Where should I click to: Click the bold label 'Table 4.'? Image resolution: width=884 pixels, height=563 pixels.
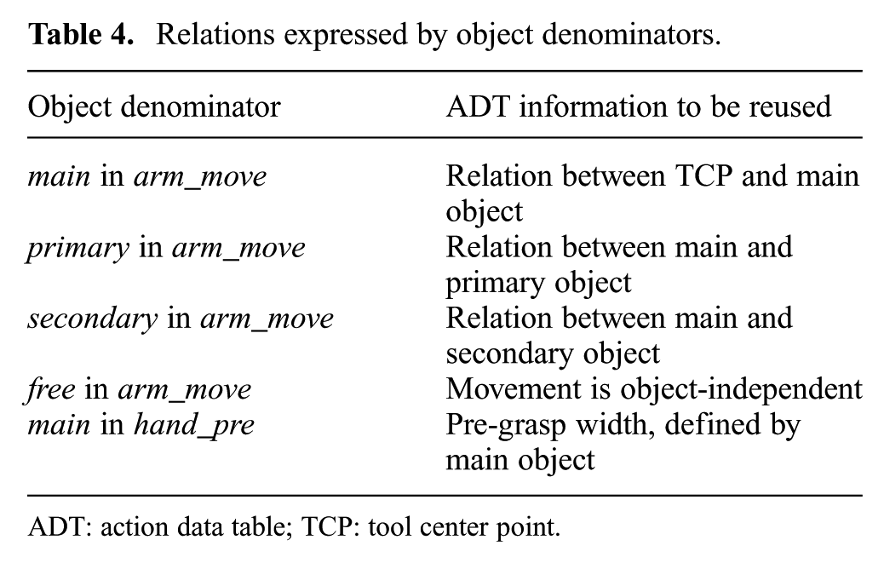pos(81,34)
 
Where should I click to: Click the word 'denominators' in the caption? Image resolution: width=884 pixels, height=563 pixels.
pos(631,34)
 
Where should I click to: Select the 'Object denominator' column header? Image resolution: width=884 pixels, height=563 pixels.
pos(154,106)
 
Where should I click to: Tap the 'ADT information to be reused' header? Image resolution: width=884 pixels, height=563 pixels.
pos(638,106)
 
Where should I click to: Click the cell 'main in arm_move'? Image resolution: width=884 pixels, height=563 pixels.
pos(147,176)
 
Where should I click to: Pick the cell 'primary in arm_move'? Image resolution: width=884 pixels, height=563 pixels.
pos(166,249)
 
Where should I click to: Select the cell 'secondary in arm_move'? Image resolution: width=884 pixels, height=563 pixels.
pos(181,319)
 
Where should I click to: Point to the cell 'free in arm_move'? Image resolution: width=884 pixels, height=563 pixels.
pos(139,390)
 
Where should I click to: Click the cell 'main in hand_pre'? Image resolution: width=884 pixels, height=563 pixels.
pos(141,426)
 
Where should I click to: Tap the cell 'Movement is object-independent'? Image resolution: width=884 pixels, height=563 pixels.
pos(654,389)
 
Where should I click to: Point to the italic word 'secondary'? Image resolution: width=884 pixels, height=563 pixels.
pos(93,319)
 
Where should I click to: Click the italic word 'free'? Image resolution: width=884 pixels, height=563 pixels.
pos(50,390)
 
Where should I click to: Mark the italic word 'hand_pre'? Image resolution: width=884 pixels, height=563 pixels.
pos(194,426)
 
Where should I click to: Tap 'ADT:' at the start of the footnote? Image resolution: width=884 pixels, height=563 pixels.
pos(60,527)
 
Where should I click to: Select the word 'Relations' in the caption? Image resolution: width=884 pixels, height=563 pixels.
pos(216,34)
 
